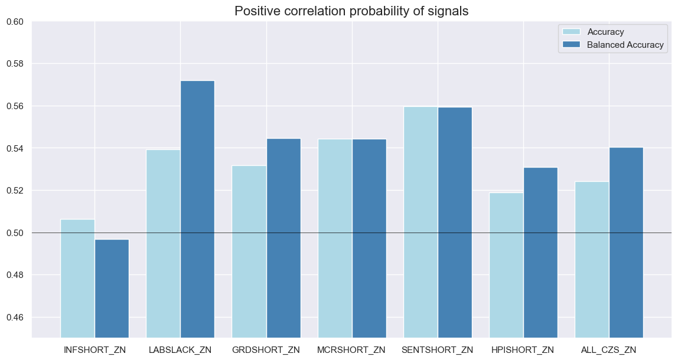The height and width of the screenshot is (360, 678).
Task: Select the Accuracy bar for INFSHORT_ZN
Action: coord(77,277)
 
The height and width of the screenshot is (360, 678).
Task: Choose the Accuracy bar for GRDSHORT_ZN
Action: coord(249,251)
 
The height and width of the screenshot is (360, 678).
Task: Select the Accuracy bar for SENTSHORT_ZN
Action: coord(421,222)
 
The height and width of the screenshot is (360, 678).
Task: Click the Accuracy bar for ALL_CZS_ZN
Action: coord(592,259)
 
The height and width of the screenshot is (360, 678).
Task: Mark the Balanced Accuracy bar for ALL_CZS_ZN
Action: coord(626,242)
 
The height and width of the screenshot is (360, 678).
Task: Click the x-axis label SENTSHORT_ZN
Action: coord(438,350)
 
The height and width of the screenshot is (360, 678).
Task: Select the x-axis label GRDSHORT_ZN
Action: coord(266,350)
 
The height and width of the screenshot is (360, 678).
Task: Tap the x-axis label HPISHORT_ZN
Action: coord(523,350)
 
